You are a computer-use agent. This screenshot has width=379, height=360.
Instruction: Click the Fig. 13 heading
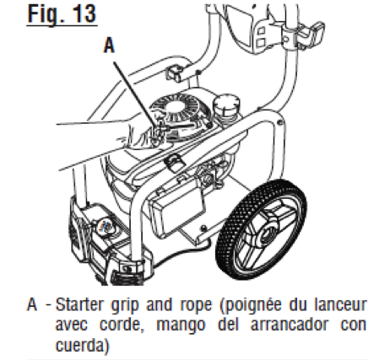(62, 14)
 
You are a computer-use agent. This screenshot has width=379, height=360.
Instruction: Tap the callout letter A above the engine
(109, 46)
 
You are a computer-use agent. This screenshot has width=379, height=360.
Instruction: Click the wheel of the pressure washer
(261, 229)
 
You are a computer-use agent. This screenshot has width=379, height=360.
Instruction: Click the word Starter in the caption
(79, 304)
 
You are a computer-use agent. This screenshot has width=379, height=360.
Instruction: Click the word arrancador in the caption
(290, 325)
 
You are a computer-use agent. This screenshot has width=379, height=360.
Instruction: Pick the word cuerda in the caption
(79, 345)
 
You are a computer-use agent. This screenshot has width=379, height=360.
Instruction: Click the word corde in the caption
(120, 325)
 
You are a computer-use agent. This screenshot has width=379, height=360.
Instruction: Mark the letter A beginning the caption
(32, 304)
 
